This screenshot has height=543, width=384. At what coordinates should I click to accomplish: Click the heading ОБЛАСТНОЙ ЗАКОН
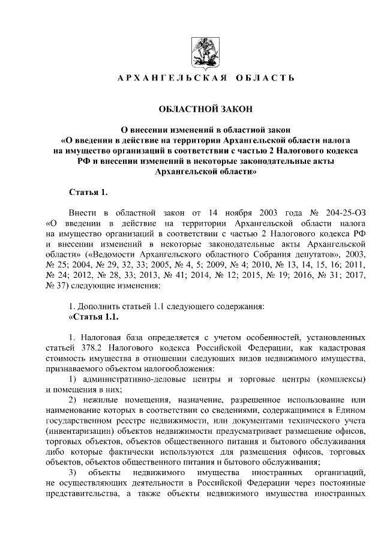click(198, 109)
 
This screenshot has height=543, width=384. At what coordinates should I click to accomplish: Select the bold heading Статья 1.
click(88, 192)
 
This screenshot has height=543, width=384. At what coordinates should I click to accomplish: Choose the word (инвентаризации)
click(85, 431)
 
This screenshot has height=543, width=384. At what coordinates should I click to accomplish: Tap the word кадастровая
click(340, 349)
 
